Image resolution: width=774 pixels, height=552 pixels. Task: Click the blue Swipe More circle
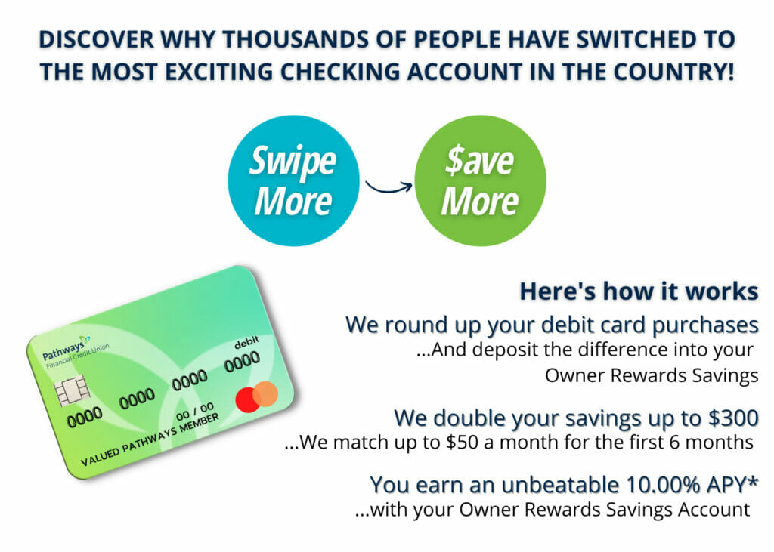pos(294,180)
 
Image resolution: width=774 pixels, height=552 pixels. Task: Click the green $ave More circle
pos(480,180)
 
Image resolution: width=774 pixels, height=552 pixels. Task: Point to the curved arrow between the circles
pos(389,189)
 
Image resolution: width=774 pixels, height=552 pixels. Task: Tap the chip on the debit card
pos(73,390)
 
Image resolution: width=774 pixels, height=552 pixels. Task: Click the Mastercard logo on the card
pos(257,396)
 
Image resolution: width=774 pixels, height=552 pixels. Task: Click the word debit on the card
pos(247,343)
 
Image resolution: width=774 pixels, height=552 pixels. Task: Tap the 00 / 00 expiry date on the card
pos(195,412)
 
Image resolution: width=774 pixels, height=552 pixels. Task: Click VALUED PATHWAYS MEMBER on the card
pos(150,440)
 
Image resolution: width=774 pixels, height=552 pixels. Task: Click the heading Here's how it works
pos(639,291)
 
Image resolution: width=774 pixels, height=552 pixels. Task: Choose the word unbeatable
pos(560,485)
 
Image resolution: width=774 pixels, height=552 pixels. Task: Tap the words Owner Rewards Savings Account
pos(605,510)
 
